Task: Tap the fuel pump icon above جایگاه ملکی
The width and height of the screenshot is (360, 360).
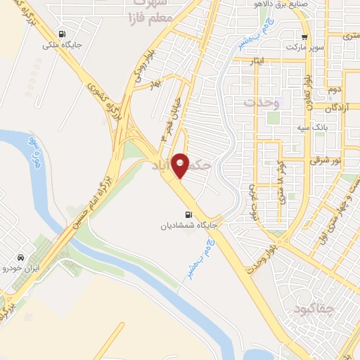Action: click(x=63, y=34)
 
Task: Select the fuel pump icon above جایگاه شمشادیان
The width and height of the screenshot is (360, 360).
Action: click(x=187, y=215)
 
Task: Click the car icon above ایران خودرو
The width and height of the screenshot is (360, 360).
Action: click(x=24, y=257)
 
